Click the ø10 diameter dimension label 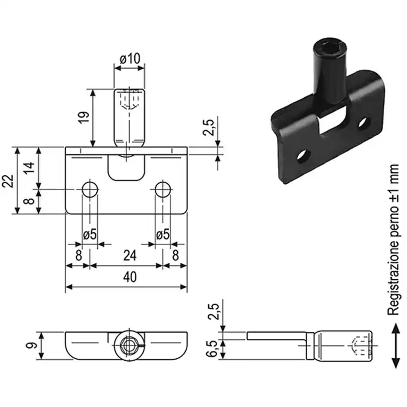130,59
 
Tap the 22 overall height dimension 8,181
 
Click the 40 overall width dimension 130,277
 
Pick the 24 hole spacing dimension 130,256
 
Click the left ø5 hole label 90,235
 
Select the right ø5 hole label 163,235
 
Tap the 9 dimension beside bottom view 31,345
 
